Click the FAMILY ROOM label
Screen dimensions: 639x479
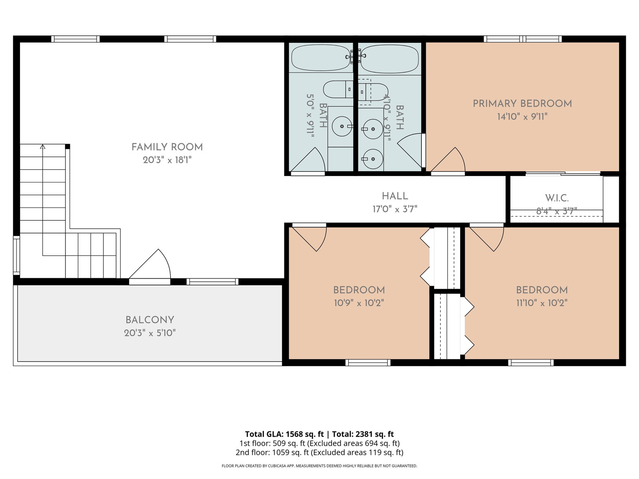tap(167, 147)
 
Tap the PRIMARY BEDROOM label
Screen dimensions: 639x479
tap(522, 103)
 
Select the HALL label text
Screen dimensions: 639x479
tap(395, 196)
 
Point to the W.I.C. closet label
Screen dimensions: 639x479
tap(557, 198)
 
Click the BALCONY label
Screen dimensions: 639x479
tap(150, 320)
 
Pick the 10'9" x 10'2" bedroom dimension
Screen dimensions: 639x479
tap(359, 303)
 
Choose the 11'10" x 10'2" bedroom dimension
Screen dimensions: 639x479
tap(542, 303)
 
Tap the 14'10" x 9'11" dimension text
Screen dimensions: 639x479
tap(522, 117)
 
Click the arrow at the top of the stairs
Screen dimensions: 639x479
tap(43, 146)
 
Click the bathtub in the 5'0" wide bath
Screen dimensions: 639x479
tap(321, 57)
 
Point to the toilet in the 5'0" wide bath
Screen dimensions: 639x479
tap(338, 89)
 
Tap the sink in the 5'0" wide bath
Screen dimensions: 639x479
tap(342, 126)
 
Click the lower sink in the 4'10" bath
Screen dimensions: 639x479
tap(373, 159)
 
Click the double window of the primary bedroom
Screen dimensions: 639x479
tap(523, 39)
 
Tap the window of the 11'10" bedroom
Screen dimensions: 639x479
tap(531, 362)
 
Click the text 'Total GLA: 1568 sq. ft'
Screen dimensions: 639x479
tap(284, 434)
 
